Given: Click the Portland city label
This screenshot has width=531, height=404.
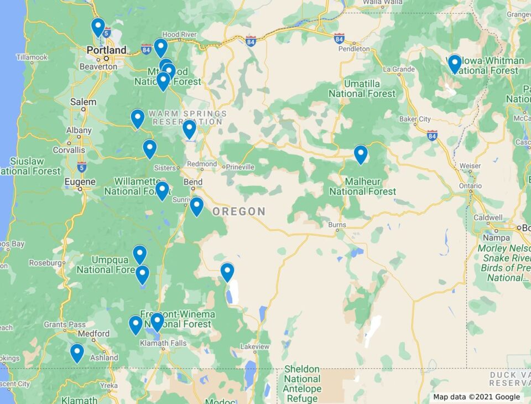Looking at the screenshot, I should (x=106, y=50).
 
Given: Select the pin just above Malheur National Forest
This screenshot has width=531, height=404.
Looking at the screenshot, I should (x=361, y=154).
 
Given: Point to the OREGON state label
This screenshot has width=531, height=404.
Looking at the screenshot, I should (x=239, y=211).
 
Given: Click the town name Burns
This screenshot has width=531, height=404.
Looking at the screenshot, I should (x=337, y=225).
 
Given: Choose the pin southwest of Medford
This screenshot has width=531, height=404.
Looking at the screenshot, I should (x=77, y=353).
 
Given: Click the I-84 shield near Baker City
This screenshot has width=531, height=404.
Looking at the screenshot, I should (x=432, y=134).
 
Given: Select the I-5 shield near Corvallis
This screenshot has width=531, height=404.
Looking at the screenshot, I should (x=82, y=165).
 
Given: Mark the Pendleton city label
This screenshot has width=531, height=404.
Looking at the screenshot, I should (x=354, y=49).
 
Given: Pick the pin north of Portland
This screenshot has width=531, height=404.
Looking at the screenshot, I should (x=98, y=27).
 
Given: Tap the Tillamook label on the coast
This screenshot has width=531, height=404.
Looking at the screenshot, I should (x=32, y=58).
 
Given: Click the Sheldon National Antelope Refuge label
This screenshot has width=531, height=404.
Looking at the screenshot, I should (x=302, y=384).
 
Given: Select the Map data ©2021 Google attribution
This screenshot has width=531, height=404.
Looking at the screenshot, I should (x=476, y=397).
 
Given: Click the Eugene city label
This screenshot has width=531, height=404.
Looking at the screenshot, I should (x=80, y=182).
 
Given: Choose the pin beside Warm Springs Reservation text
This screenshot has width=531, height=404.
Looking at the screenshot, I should (x=189, y=129).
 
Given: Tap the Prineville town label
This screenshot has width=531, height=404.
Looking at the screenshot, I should (x=238, y=167).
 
